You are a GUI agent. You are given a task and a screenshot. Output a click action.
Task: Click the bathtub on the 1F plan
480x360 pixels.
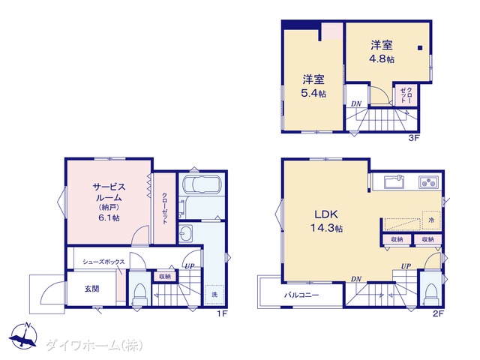point(202,185)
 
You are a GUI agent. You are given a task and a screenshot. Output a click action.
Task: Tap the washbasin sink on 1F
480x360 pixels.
point(185,234)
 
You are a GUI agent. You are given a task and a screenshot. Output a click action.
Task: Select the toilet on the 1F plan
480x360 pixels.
point(140,295)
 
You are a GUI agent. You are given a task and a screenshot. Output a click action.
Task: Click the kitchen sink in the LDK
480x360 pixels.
point(394,182)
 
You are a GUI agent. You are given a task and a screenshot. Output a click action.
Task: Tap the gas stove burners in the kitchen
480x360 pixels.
point(428,182)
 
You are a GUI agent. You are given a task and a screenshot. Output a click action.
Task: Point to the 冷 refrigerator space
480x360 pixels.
point(431,220)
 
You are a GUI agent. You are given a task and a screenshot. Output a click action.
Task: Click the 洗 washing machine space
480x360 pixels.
point(214,295)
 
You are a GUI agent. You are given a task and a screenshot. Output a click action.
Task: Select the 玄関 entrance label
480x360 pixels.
point(91,289)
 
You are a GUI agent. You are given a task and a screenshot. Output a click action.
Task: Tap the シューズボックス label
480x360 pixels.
point(103,262)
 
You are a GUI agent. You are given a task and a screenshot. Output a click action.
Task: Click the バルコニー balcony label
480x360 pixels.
point(301,295)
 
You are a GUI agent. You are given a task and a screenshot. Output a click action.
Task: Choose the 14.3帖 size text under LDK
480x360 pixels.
point(327,228)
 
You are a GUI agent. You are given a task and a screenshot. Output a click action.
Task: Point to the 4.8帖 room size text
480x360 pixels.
point(382,58)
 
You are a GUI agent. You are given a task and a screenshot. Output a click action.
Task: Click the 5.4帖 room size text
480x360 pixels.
point(313,93)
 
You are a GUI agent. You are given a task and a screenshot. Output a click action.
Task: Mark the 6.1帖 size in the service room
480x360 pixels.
point(109,218)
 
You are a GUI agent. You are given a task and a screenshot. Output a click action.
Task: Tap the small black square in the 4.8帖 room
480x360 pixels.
point(420,48)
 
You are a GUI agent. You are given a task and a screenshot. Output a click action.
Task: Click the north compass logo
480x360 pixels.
point(23,335)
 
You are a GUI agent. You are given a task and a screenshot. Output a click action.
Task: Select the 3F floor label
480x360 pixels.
point(413,138)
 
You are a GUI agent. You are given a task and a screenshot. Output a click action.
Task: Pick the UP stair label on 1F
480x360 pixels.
point(190,266)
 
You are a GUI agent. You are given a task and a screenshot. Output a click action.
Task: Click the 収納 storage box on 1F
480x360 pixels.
point(165,277)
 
